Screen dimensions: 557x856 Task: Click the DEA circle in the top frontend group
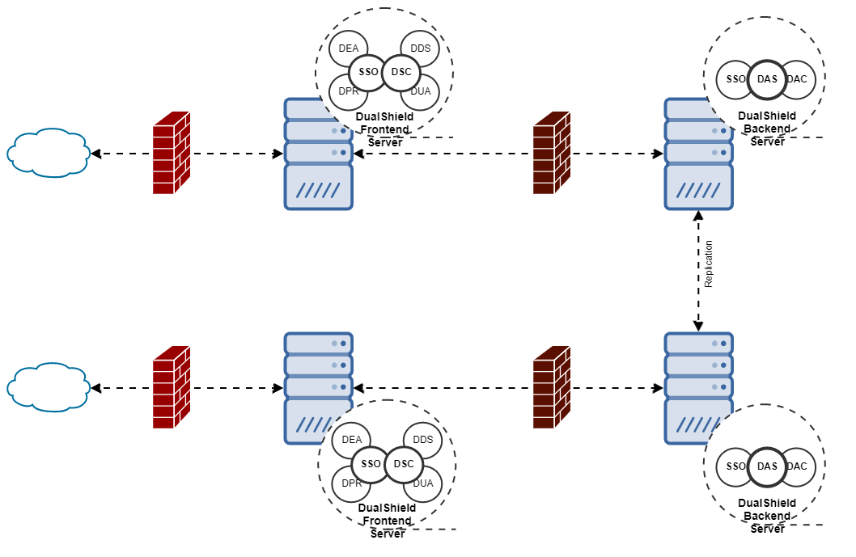[x=349, y=49]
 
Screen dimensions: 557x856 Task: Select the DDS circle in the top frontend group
[x=420, y=49]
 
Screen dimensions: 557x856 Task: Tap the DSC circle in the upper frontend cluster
[x=401, y=72]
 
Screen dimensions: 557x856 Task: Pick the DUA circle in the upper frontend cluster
[x=420, y=91]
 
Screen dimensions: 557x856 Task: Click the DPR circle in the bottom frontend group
[x=351, y=483]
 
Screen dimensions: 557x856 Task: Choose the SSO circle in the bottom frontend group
[x=371, y=464]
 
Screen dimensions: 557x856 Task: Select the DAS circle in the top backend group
[x=766, y=78]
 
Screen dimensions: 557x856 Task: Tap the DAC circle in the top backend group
[x=798, y=78]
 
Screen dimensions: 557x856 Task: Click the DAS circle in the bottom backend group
[x=766, y=466]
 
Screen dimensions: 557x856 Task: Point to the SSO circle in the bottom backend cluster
[x=735, y=466]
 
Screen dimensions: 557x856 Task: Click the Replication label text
[x=709, y=264]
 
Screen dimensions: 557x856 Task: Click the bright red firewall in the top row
[x=172, y=153]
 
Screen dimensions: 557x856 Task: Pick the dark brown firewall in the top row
[x=552, y=153]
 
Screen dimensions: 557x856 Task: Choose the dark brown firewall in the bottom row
[x=552, y=387]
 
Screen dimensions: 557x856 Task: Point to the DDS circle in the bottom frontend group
[x=422, y=440]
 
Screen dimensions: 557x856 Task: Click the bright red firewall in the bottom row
[x=172, y=387]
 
